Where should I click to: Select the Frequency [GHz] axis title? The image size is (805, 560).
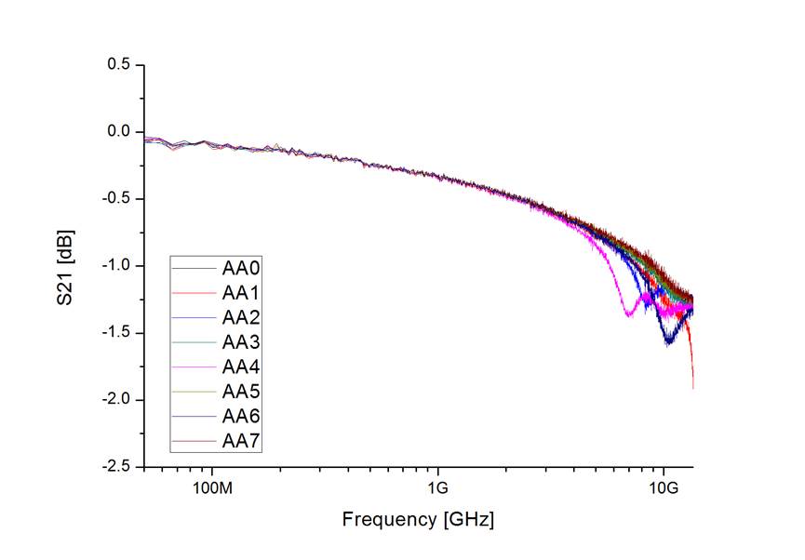click(418, 519)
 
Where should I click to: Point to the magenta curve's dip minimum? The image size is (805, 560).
click(629, 315)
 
